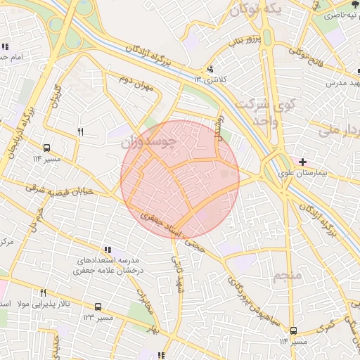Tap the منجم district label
286,275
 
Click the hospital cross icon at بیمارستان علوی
302,162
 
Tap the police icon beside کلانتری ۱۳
210,69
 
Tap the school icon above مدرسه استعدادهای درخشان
108,250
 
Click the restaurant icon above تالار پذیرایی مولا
43,292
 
